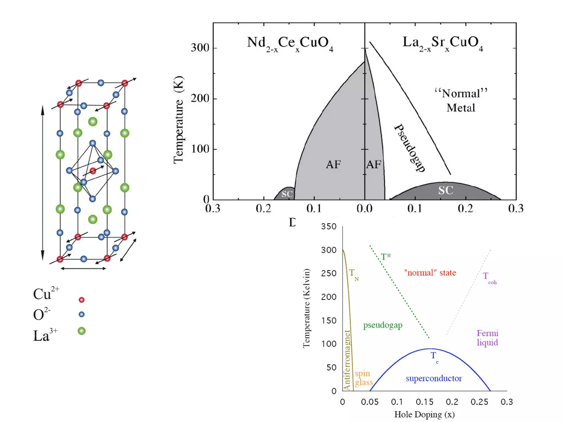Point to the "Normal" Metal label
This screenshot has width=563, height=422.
click(x=461, y=101)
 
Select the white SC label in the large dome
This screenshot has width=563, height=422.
click(x=446, y=190)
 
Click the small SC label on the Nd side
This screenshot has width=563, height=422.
click(x=287, y=194)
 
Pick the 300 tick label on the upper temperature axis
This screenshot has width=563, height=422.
click(x=200, y=48)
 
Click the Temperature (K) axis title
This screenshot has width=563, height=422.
click(x=178, y=120)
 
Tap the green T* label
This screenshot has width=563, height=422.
click(x=386, y=257)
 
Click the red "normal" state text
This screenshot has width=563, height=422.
click(x=430, y=273)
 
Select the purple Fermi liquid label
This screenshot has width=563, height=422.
click(x=487, y=338)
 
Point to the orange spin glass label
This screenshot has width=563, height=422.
click(x=363, y=378)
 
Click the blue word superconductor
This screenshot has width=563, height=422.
click(x=434, y=378)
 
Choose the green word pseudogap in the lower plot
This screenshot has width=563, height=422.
click(x=383, y=325)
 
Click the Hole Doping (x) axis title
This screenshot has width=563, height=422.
click(x=424, y=414)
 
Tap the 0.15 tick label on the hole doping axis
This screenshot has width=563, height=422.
click(x=424, y=402)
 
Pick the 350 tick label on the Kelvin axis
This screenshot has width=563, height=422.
click(x=329, y=226)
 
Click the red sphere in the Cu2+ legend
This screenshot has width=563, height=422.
click(x=82, y=300)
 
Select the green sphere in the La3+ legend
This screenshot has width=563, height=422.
click(x=82, y=331)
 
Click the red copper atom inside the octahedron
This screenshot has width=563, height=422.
click(x=93, y=171)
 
